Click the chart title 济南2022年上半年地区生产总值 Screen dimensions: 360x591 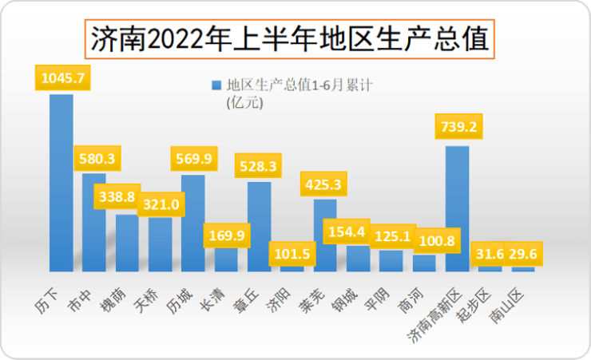[x=289, y=39]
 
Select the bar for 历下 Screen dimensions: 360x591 [x=61, y=184]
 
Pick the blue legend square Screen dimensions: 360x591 [x=215, y=84]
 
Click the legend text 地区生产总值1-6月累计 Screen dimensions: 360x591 [x=295, y=84]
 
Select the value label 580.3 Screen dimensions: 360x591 [x=95, y=159]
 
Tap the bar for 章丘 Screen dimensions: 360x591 [x=259, y=227]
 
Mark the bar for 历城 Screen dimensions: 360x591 [x=193, y=224]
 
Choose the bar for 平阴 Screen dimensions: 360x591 [x=391, y=261]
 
